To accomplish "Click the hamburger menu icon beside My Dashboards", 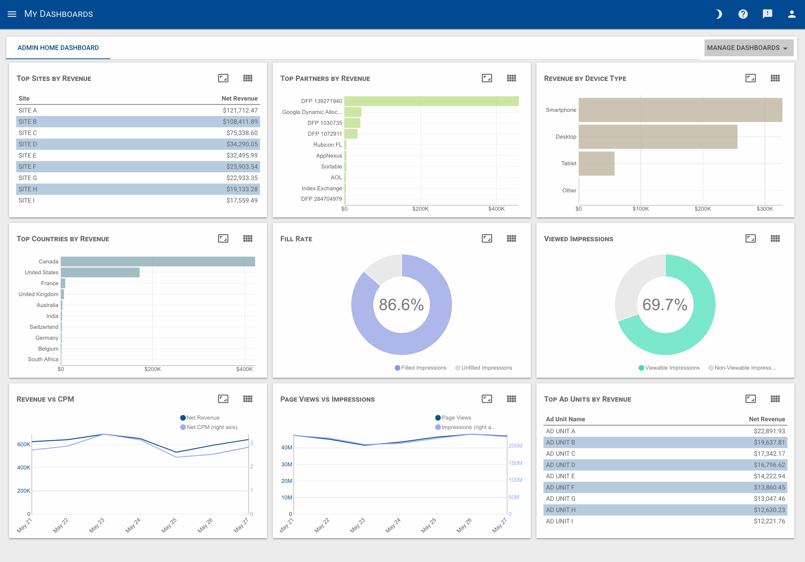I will point(12,14).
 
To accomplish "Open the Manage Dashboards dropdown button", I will point(748,48).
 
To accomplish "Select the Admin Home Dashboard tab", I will point(58,48).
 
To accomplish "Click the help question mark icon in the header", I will point(743,14).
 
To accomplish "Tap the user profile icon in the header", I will point(792,14).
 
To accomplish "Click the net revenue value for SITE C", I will point(242,133).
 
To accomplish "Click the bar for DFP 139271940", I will point(431,101).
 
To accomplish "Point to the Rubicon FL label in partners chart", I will point(327,145).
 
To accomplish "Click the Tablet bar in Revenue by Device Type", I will point(596,164).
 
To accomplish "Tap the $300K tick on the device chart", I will point(765,209).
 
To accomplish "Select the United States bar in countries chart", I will point(100,273).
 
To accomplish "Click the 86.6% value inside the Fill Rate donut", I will point(401,305).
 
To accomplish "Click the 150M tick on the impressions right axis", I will point(515,463).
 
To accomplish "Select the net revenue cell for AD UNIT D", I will point(769,465).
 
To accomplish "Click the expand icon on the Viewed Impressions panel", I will point(750,239).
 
